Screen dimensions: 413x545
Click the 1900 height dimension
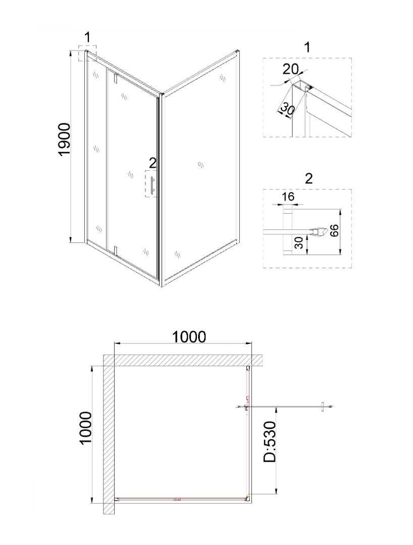click(x=65, y=140)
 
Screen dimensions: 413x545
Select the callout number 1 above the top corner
click(x=87, y=37)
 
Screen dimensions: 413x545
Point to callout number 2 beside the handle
click(x=153, y=163)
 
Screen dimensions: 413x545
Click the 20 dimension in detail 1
click(x=290, y=69)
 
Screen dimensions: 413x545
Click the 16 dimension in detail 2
click(x=288, y=197)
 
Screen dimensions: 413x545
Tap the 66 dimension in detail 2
click(x=334, y=230)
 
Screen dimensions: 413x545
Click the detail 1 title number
click(x=307, y=47)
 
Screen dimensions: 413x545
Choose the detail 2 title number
click(x=308, y=178)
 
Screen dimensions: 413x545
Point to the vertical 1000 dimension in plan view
click(x=85, y=428)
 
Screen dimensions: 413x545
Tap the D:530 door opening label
click(x=270, y=442)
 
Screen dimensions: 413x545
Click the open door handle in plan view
click(x=324, y=407)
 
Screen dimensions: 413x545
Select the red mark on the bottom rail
click(x=177, y=499)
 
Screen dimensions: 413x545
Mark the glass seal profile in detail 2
click(x=319, y=230)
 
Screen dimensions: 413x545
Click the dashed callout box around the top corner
click(x=86, y=53)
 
